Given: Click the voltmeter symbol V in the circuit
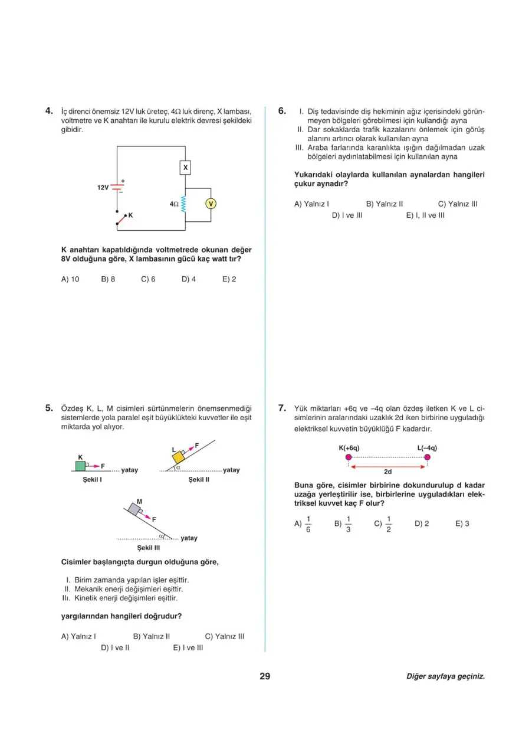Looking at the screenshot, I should pyautogui.click(x=211, y=204).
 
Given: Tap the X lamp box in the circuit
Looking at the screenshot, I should pyautogui.click(x=185, y=168).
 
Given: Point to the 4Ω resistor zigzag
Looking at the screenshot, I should pyautogui.click(x=185, y=204).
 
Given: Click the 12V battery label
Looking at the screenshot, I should pyautogui.click(x=103, y=187).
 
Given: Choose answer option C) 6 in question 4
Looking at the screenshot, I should pyautogui.click(x=148, y=279).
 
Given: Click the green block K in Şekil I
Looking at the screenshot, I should pyautogui.click(x=80, y=466).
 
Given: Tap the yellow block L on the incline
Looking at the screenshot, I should pyautogui.click(x=178, y=457).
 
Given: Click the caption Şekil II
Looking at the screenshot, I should pyautogui.click(x=199, y=480).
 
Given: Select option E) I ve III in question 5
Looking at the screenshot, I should pyautogui.click(x=188, y=647).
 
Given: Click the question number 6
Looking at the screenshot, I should pyautogui.click(x=282, y=110).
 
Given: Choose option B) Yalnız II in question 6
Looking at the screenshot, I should pyautogui.click(x=384, y=204).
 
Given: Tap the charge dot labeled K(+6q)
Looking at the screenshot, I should pyautogui.click(x=349, y=457).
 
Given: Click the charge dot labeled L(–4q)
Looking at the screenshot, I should pyautogui.click(x=427, y=457).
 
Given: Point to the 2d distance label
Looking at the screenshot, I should pyautogui.click(x=387, y=472).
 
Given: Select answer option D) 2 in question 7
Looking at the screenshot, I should pyautogui.click(x=422, y=523).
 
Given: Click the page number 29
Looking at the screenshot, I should pyautogui.click(x=265, y=676).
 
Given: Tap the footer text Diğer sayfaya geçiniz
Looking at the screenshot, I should pyautogui.click(x=445, y=676).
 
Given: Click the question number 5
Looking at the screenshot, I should pyautogui.click(x=49, y=407).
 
